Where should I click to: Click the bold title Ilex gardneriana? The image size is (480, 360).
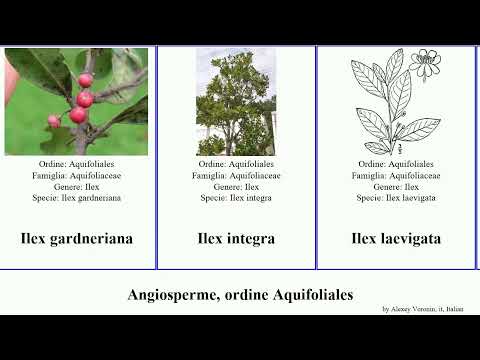click(77, 239)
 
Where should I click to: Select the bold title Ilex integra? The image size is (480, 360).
click(236, 239)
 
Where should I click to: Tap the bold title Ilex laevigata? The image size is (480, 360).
click(396, 239)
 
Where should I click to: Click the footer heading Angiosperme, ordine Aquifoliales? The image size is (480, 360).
click(240, 295)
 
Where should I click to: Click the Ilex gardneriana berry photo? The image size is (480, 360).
click(76, 102)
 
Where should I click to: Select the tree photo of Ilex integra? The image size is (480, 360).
click(236, 102)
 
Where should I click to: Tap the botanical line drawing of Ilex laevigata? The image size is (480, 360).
click(396, 102)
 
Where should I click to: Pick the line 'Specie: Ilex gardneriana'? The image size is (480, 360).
click(77, 198)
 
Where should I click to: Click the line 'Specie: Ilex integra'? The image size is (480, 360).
click(236, 198)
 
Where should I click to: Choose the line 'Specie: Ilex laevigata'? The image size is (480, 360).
click(396, 198)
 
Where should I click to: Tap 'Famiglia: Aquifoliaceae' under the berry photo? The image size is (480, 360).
click(77, 175)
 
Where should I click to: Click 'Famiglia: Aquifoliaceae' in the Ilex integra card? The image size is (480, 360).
click(236, 175)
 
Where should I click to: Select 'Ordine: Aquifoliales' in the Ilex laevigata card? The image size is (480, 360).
click(396, 164)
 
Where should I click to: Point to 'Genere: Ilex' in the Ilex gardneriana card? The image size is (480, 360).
click(77, 186)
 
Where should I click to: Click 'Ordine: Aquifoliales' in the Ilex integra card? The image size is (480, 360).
click(236, 164)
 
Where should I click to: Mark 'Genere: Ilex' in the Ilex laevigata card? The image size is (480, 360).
click(396, 186)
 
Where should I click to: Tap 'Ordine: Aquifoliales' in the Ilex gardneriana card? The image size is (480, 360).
click(77, 164)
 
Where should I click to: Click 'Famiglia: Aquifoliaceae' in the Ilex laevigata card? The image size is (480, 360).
click(396, 175)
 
